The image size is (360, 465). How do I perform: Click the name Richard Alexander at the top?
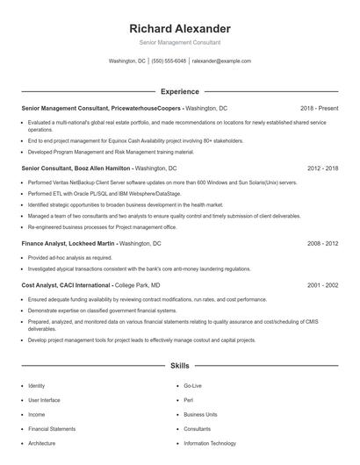pos(179,29)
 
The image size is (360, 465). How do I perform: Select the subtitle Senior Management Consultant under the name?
pos(179,42)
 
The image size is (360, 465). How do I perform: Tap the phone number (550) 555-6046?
pos(169,61)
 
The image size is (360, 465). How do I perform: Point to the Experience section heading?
pos(179,90)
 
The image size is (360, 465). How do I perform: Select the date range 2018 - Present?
pos(319,108)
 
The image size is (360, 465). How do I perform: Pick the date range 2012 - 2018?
pos(322,167)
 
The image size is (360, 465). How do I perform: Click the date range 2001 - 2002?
pos(322,284)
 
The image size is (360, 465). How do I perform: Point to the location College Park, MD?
pos(137,284)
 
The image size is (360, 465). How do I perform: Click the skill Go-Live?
pos(193,385)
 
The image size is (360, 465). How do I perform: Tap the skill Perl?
pos(189,400)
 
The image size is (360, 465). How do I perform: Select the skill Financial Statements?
pos(51,429)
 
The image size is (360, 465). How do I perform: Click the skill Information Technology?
pos(210,443)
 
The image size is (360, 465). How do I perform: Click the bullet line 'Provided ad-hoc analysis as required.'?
pos(70,257)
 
